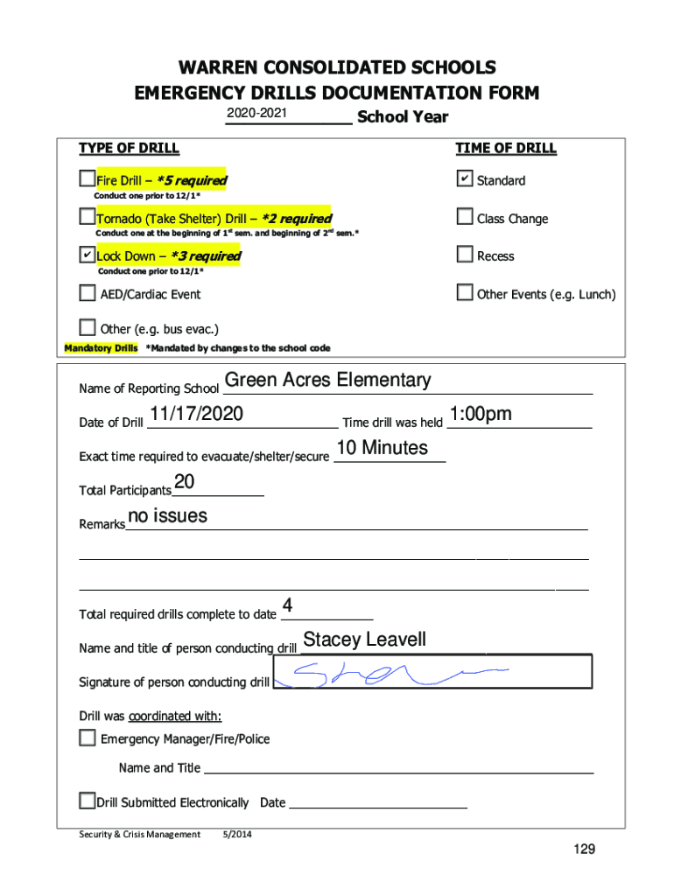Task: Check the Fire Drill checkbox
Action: [x=87, y=179]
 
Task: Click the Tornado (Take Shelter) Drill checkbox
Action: [x=87, y=217]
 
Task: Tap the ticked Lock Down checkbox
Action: [x=87, y=255]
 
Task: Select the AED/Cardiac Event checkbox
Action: [x=88, y=293]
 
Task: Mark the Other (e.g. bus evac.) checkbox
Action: [x=88, y=328]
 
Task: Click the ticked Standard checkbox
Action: [x=465, y=179]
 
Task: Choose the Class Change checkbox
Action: [x=465, y=217]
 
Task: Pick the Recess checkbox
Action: [x=465, y=255]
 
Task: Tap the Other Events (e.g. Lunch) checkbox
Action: [x=465, y=293]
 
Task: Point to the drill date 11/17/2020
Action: [x=196, y=414]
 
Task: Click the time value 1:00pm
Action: [x=481, y=414]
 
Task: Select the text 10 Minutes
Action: [x=383, y=448]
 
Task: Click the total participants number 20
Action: [x=185, y=482]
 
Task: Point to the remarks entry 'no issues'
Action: [x=167, y=516]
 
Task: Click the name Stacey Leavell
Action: [x=365, y=640]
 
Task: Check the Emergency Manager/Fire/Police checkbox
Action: [x=88, y=738]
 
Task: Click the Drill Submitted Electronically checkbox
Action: [x=87, y=801]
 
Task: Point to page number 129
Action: [x=584, y=850]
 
